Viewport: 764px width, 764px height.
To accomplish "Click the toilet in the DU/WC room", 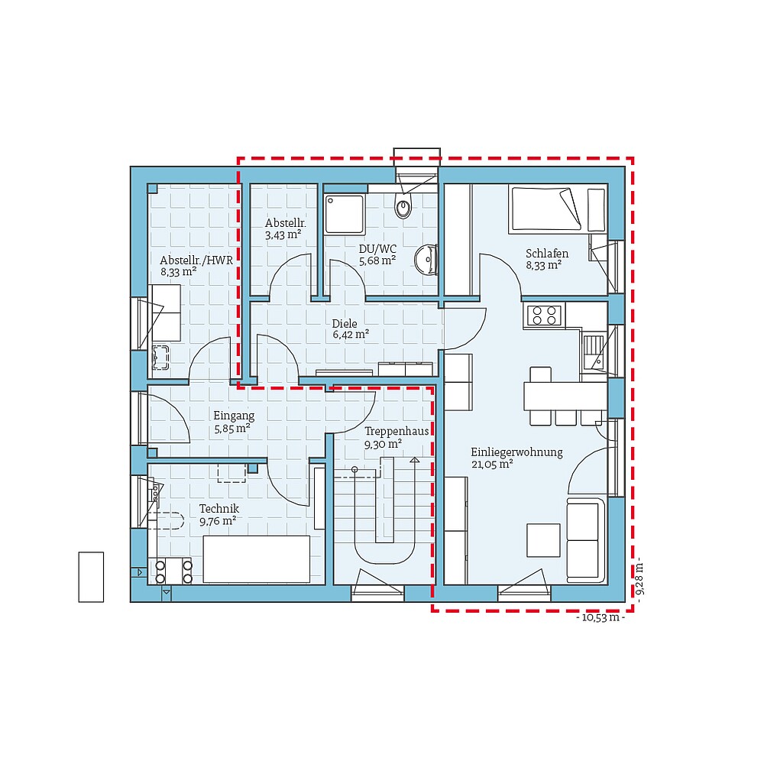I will point(403,206).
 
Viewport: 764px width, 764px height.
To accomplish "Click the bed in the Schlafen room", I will point(546,209).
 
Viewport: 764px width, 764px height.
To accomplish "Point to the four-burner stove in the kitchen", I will point(543,315).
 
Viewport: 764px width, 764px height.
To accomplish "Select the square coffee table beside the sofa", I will point(543,539).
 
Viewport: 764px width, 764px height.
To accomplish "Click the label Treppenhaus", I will point(396,431).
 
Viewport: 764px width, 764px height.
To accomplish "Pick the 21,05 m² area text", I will point(491,464).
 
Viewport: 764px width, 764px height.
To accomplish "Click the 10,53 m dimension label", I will point(601,618).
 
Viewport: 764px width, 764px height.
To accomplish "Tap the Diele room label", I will point(345,323).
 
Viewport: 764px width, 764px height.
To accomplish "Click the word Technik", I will point(219,508).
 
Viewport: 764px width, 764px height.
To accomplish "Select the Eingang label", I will point(233,416).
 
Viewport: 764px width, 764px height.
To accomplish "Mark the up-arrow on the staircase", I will point(414,461).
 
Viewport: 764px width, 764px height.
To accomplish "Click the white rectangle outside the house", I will point(91,576).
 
